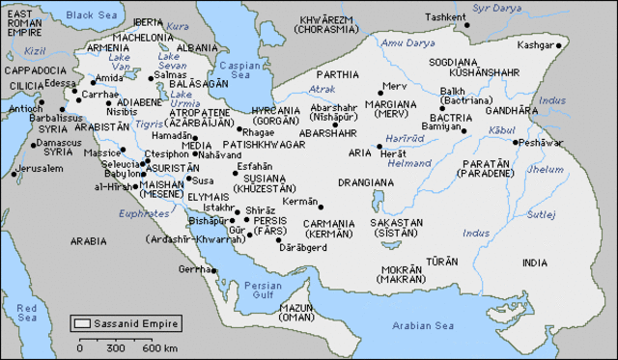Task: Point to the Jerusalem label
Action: [x=41, y=168]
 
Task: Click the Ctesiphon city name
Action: [x=166, y=153]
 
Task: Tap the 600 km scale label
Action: [x=160, y=347]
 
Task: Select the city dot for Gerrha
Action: [x=211, y=269]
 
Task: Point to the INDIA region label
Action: [x=533, y=263]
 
